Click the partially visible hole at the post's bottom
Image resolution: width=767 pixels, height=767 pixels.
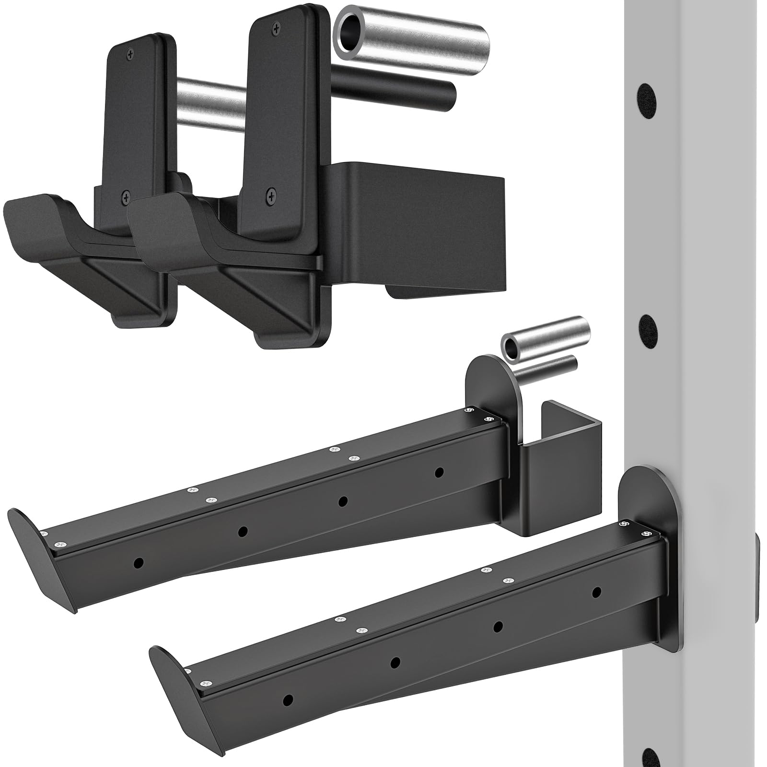[x=648, y=760]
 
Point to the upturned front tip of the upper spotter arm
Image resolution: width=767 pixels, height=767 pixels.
[x=29, y=537]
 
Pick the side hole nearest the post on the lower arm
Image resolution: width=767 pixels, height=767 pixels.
[x=596, y=593]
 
